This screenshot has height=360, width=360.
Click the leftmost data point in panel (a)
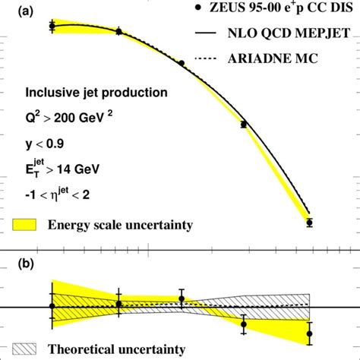click(x=52, y=26)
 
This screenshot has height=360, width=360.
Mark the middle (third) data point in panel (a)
click(x=182, y=63)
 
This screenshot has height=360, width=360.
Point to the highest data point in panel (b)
click(x=182, y=298)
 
